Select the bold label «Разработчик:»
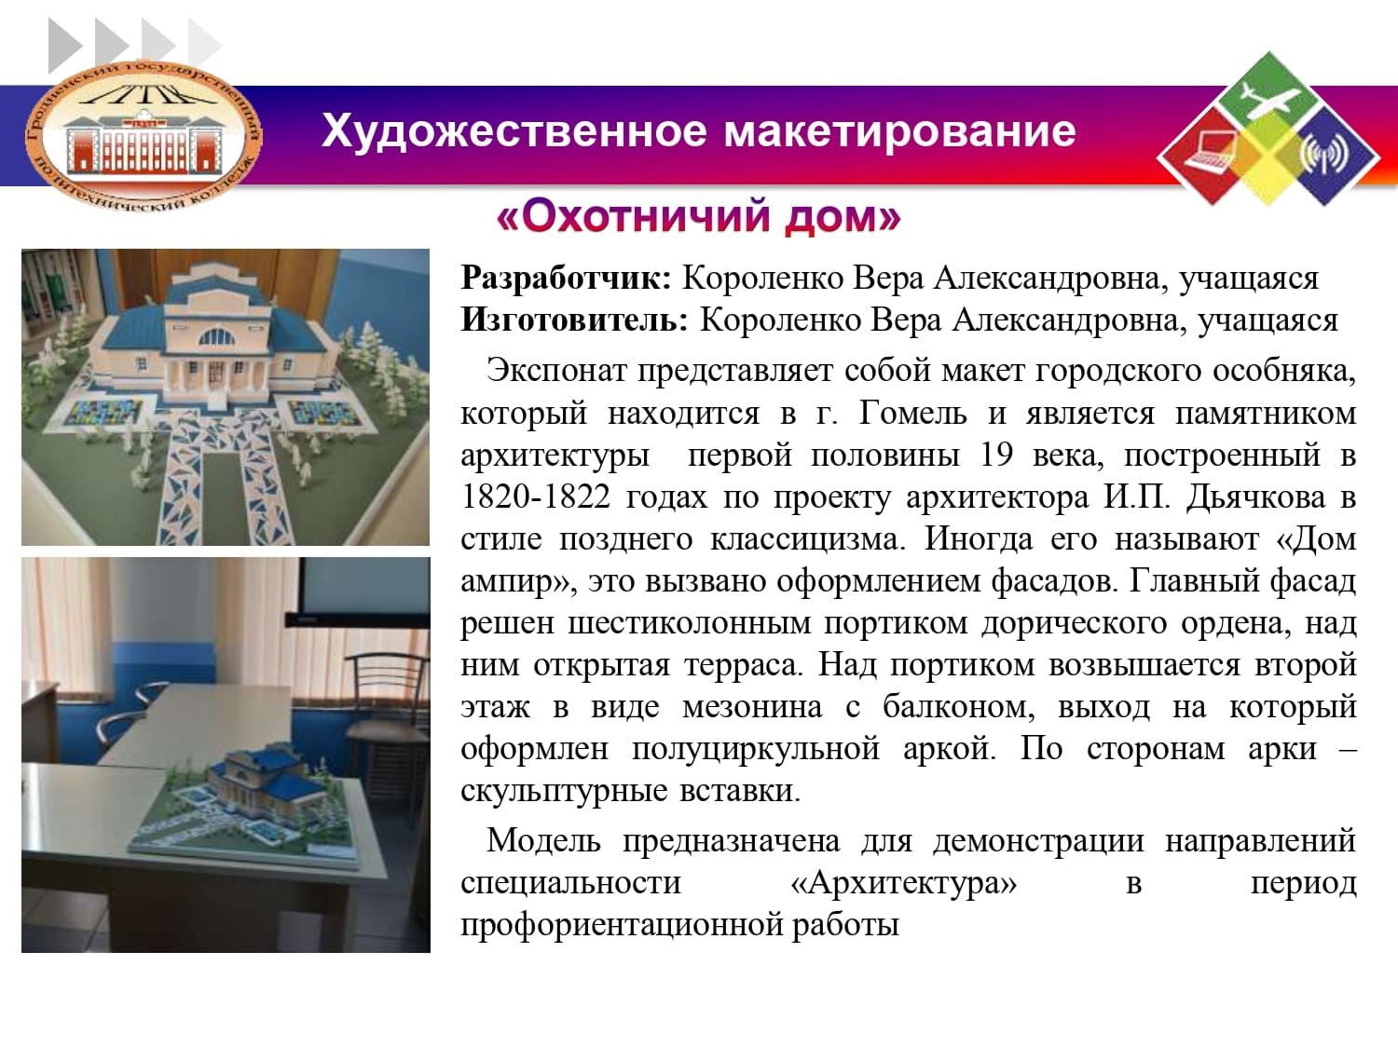click(x=567, y=279)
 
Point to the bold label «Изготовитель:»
click(x=575, y=320)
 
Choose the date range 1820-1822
click(x=536, y=497)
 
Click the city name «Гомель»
click(x=912, y=414)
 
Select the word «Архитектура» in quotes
click(x=904, y=883)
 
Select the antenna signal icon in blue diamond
click(x=1324, y=154)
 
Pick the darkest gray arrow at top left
click(x=65, y=46)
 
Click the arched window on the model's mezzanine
click(x=216, y=337)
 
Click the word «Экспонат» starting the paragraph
click(x=556, y=371)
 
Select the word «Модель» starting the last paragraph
click(x=543, y=840)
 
